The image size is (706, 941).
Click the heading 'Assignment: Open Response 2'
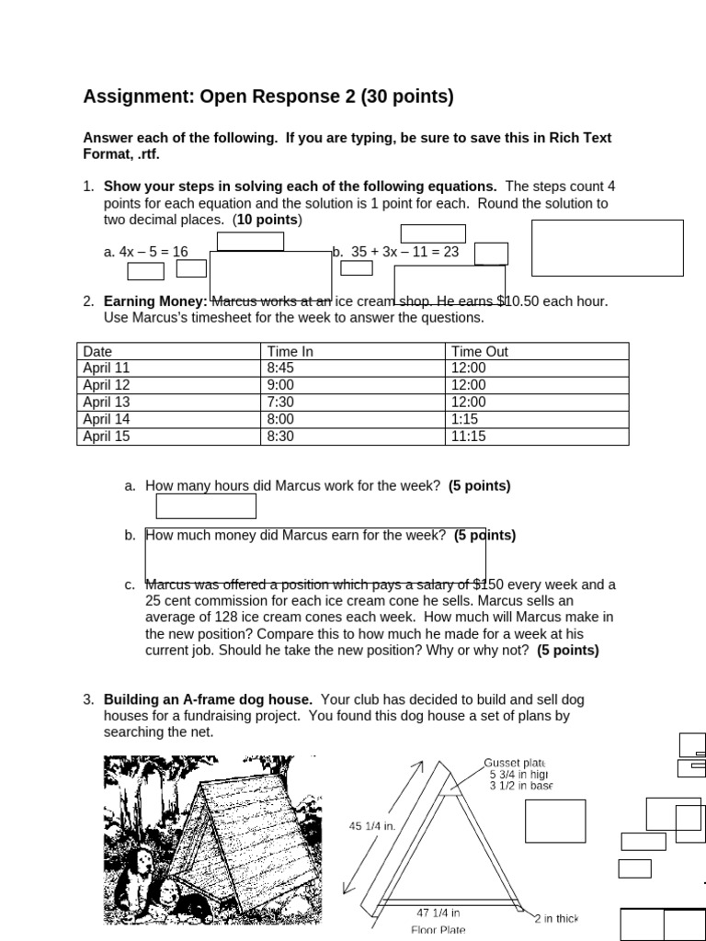[x=268, y=96]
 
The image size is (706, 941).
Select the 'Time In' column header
[x=290, y=351]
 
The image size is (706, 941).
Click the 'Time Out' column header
[x=479, y=351]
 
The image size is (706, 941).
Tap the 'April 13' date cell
[x=107, y=402]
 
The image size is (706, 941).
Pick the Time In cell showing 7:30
[x=280, y=402]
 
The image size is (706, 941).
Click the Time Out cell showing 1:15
[x=464, y=419]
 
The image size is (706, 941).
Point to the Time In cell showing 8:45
[x=280, y=368]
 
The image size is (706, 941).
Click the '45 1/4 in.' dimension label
[x=372, y=826]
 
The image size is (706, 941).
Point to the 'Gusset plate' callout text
[x=515, y=763]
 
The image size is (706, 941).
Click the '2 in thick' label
[x=557, y=918]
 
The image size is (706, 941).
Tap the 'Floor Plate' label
[x=438, y=929]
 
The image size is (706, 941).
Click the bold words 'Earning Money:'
[x=154, y=300]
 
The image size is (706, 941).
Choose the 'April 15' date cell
[x=107, y=436]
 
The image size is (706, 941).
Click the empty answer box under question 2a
[x=206, y=506]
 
